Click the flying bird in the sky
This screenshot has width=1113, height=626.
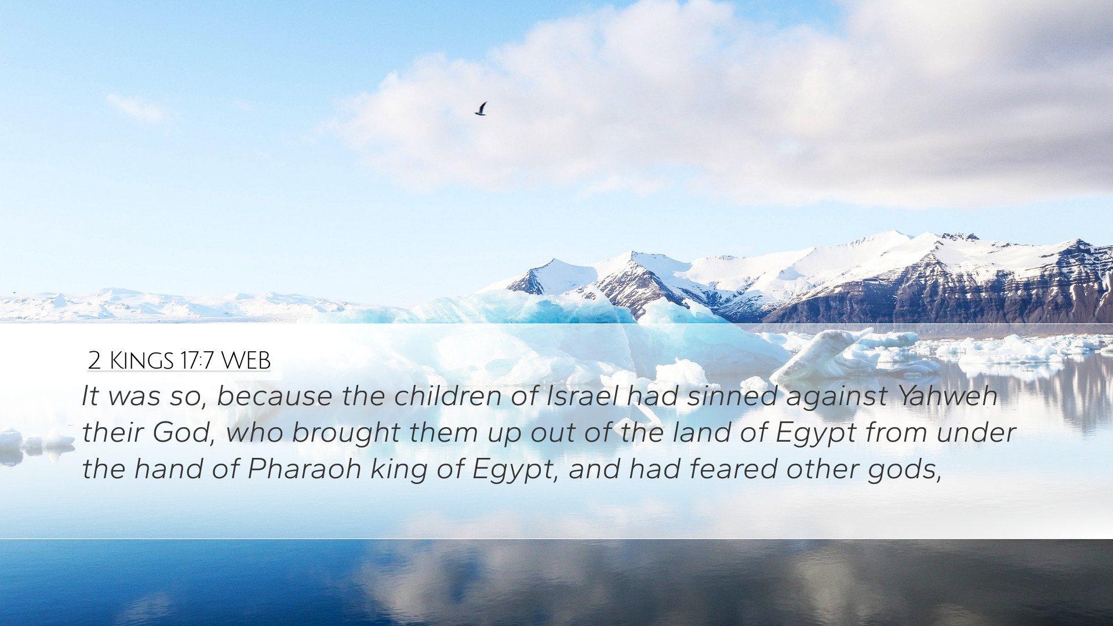[x=481, y=109]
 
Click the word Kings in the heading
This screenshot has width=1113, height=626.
[x=141, y=361]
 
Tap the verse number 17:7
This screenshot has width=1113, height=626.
[x=198, y=361]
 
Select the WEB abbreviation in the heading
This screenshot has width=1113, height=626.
[x=246, y=361]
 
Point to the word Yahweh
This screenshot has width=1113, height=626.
[x=947, y=396]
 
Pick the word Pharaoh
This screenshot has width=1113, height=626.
[x=304, y=469]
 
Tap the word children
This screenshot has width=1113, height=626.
[x=448, y=396]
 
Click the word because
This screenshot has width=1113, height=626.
[x=274, y=396]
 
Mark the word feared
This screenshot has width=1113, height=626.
[x=733, y=469]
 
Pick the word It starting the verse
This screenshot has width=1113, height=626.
[x=90, y=396]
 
